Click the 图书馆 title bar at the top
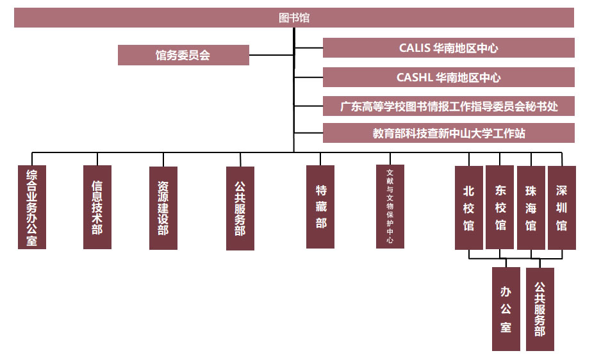294,18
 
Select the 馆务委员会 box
183,55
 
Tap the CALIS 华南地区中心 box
449,48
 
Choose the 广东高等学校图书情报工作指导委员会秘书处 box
449,106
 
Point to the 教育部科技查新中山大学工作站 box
449,133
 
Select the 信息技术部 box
97,207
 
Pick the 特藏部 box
320,207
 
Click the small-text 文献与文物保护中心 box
390,207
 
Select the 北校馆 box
469,208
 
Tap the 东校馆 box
500,208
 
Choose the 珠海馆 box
531,208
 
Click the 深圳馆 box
562,208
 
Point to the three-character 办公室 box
506,309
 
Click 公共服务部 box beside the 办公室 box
540,309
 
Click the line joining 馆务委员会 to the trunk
271,55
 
